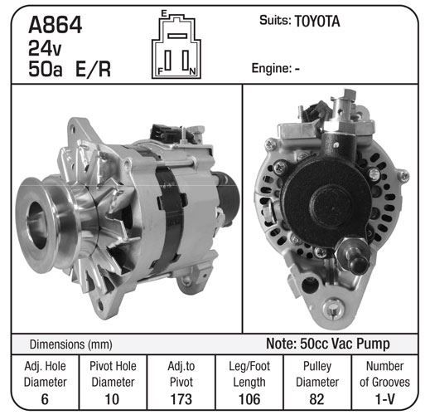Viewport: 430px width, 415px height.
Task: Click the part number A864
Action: point(55,25)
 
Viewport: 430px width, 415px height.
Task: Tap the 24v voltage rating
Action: point(45,48)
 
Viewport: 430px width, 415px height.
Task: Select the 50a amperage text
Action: point(46,69)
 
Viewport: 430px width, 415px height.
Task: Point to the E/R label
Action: point(93,69)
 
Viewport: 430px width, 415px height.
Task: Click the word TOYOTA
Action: point(317,22)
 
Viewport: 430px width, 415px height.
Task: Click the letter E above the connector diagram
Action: point(164,13)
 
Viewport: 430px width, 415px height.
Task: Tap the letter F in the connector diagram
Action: point(160,71)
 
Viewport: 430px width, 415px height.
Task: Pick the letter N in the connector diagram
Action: point(192,71)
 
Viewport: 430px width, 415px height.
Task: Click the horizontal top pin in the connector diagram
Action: point(177,36)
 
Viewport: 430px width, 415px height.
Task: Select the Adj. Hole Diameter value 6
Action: point(45,399)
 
